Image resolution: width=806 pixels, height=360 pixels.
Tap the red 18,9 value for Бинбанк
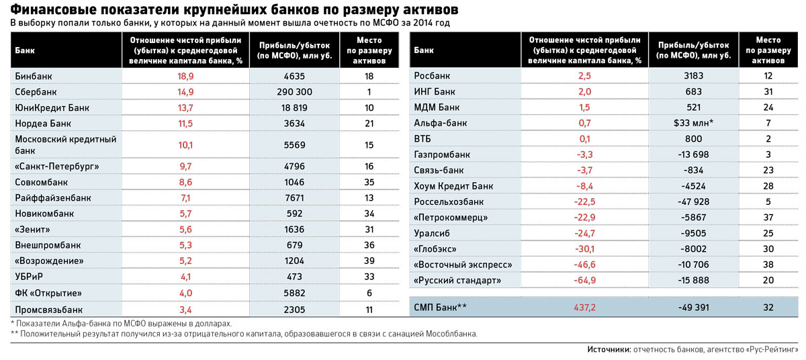185,76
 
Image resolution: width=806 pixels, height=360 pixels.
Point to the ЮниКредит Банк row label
52,107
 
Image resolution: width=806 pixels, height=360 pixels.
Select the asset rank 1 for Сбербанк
369,92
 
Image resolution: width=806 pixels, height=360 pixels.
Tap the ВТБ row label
424,138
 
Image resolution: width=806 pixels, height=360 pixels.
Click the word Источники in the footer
609,349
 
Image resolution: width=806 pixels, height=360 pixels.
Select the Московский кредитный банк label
66,144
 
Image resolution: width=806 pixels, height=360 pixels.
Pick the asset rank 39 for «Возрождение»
369,261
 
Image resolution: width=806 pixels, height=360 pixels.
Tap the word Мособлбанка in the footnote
446,334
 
